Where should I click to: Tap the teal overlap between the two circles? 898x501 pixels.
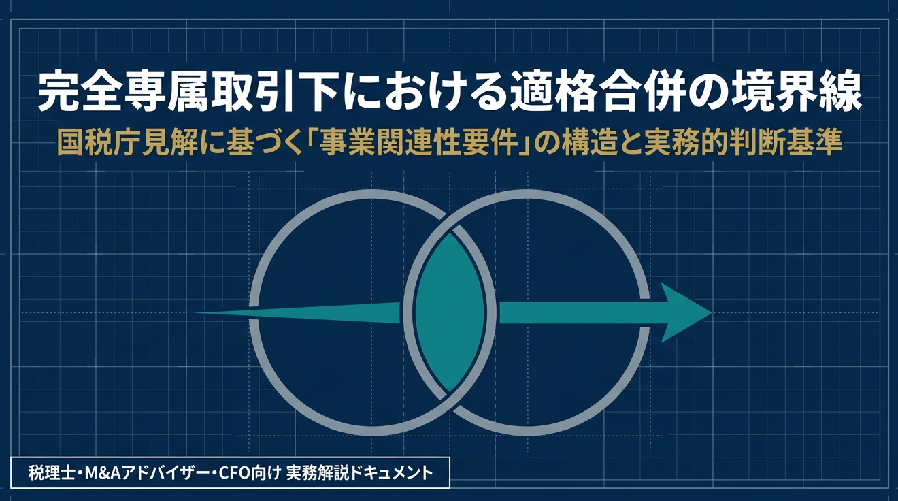click(x=449, y=313)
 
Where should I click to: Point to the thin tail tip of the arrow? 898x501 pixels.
click(x=197, y=313)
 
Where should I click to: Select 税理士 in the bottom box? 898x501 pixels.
click(x=51, y=473)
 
